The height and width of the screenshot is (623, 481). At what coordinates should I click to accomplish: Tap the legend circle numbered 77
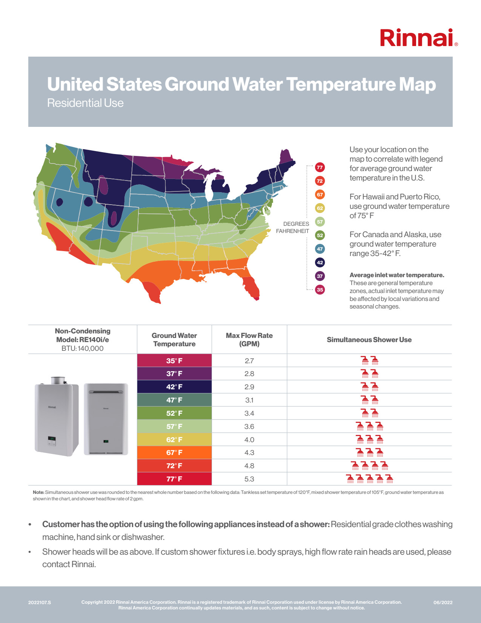(320, 167)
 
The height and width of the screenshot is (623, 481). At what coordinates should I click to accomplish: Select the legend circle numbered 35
(320, 290)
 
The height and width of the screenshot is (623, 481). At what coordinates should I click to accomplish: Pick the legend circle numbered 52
(320, 235)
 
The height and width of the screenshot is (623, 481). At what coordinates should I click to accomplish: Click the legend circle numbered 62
(320, 208)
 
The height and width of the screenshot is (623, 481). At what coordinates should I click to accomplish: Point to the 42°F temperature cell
(174, 387)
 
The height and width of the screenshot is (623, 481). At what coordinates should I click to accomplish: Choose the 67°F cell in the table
(174, 452)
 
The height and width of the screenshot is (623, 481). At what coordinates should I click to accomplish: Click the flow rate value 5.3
(249, 479)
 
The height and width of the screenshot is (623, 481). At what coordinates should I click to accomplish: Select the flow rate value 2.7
(249, 361)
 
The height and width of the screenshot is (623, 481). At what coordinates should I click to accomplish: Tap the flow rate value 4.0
(249, 439)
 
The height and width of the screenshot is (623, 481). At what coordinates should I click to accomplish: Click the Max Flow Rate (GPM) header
(249, 340)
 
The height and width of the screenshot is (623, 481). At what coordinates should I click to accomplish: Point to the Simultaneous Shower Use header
(369, 340)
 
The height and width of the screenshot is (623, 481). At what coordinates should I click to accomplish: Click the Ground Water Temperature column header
(174, 340)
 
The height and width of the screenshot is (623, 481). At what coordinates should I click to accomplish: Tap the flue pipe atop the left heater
(58, 380)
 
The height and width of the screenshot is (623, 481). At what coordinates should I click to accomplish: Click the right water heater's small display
(106, 441)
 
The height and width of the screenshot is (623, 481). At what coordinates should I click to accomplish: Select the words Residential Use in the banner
(85, 103)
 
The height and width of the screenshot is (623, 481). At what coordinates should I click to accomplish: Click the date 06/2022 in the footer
(443, 602)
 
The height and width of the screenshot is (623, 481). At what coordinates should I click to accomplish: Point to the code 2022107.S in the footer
(40, 602)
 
